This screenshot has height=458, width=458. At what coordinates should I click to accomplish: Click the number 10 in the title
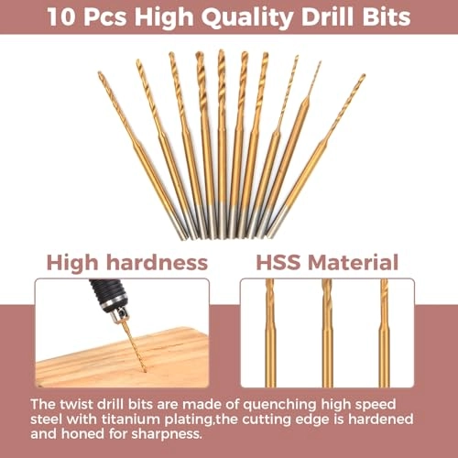pyautogui.click(x=61, y=17)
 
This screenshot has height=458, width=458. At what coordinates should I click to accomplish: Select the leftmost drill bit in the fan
pyautogui.click(x=137, y=147)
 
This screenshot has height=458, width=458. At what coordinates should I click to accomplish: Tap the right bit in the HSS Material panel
pyautogui.click(x=384, y=334)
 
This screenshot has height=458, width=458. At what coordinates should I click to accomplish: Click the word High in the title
pyautogui.click(x=169, y=17)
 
